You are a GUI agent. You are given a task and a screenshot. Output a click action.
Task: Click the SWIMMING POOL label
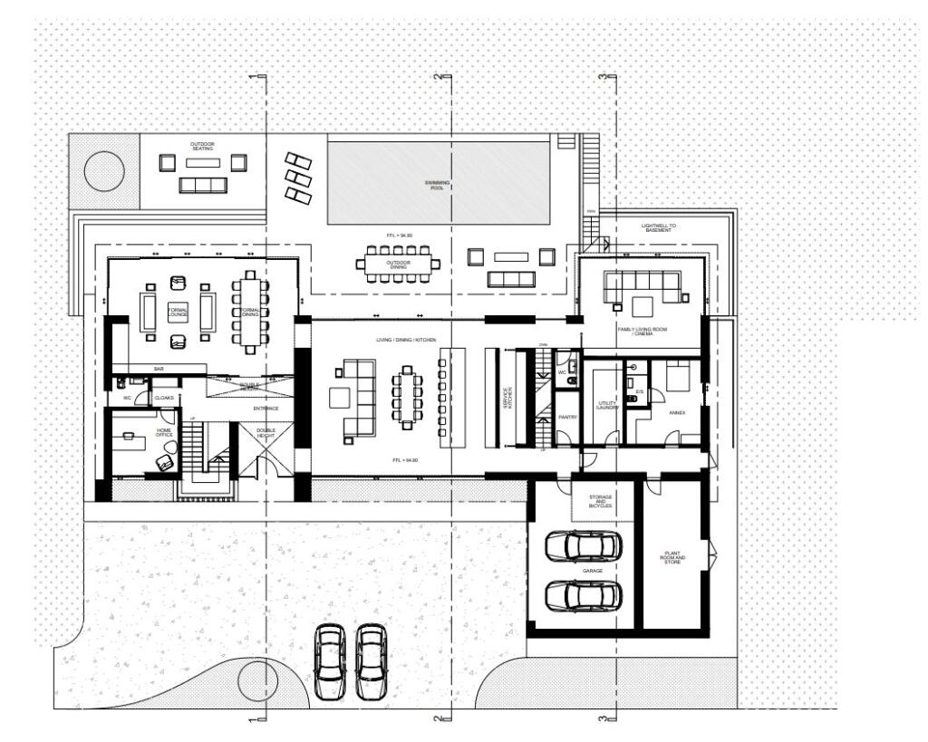click(x=438, y=185)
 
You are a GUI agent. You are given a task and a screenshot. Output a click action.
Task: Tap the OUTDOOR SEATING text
click(x=202, y=146)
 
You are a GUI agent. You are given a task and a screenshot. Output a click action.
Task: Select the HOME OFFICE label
click(x=164, y=434)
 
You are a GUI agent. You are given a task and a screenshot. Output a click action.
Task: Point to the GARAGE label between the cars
click(x=593, y=571)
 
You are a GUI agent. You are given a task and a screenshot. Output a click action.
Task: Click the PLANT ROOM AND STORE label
click(x=673, y=558)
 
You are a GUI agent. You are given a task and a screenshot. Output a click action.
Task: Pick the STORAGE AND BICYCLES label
click(x=600, y=502)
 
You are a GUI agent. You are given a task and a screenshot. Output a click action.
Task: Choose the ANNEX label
click(x=677, y=413)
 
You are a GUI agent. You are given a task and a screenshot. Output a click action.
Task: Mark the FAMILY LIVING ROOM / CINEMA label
click(x=643, y=332)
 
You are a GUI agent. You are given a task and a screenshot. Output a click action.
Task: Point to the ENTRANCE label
click(x=266, y=409)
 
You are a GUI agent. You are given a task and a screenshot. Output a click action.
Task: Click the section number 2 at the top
click(x=438, y=77)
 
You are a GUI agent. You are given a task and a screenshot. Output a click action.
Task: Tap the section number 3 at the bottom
click(x=602, y=718)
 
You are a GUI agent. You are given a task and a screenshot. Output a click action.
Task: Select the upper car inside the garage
click(x=583, y=545)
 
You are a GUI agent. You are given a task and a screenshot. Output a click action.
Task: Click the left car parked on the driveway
click(x=329, y=661)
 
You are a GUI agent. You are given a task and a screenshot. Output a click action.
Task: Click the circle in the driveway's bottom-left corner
click(x=256, y=678)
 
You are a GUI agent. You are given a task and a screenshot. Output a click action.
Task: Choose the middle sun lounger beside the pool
click(x=297, y=177)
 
